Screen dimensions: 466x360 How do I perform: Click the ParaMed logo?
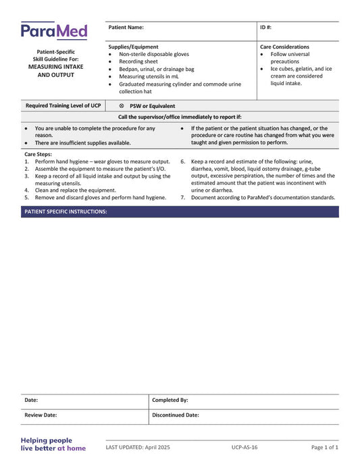(54, 30)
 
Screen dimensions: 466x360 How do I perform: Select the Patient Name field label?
(126, 28)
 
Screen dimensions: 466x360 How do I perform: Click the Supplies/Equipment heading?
(134, 47)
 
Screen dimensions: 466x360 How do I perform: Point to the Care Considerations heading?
(284, 47)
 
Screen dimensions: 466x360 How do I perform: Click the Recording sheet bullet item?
(138, 61)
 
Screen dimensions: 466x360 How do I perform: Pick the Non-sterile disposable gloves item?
(154, 54)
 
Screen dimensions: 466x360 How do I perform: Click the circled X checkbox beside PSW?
(122, 106)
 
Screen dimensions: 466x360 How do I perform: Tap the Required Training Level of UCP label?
(63, 106)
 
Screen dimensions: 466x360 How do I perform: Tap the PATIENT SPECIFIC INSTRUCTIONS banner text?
(66, 211)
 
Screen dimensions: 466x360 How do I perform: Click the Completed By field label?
(170, 400)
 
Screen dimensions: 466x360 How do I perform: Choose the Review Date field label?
(41, 415)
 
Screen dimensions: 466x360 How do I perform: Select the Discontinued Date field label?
(176, 415)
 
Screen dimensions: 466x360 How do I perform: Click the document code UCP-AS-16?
(244, 448)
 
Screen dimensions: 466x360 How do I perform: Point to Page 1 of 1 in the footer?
(324, 448)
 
